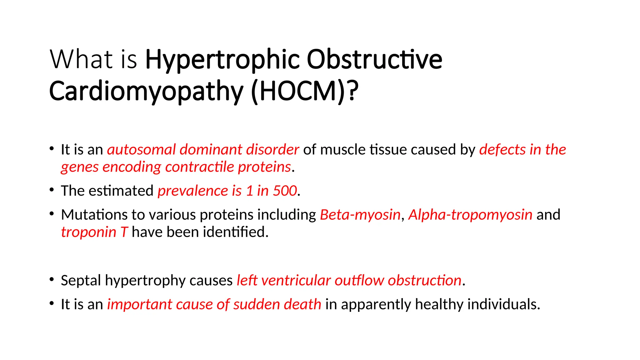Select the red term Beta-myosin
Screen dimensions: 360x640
360,215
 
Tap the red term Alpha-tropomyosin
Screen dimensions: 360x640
470,215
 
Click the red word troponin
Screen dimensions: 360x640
88,232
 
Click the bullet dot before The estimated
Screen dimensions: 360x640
52,189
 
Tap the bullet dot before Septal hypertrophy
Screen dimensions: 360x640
52,279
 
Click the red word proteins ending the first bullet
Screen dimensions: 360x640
264,167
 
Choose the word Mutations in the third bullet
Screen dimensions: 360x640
94,215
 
